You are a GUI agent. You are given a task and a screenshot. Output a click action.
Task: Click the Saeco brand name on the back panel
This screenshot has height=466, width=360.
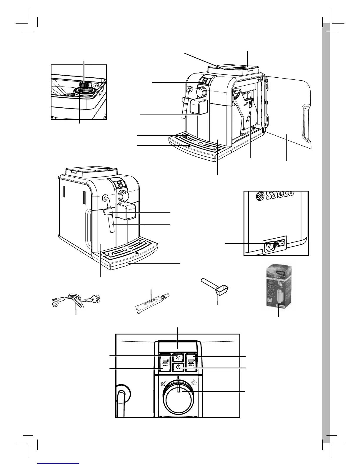(x=279, y=195)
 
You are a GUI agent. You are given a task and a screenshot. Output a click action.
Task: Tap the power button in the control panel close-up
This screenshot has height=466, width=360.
(x=178, y=367)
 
